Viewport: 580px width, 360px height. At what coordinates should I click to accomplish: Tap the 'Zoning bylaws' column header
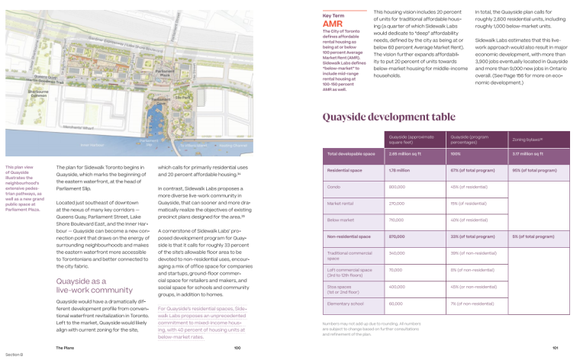530,141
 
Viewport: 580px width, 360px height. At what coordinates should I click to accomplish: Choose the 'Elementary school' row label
345,304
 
